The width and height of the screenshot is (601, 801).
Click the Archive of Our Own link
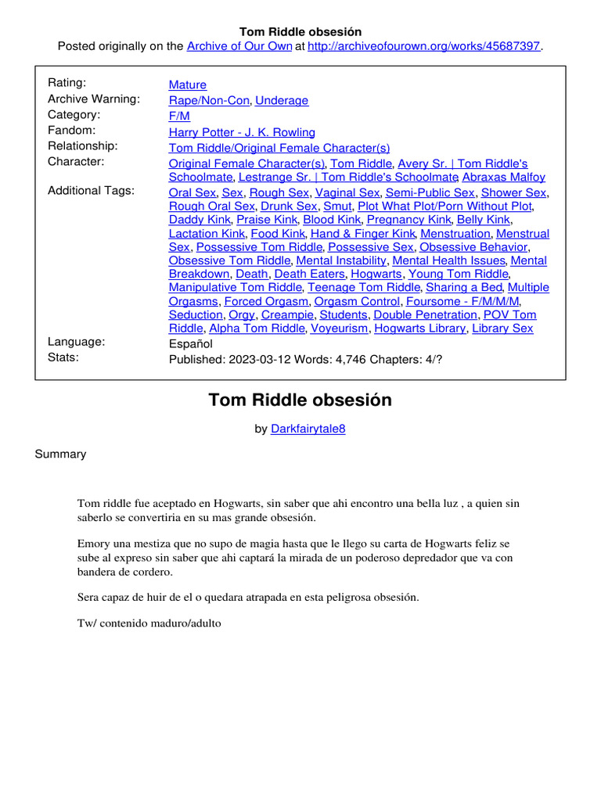tap(239, 46)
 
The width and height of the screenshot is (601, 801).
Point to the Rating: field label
tap(67, 83)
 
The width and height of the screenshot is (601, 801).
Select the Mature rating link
tap(188, 84)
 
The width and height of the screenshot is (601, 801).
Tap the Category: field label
tap(74, 114)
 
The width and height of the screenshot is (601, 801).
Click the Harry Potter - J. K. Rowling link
tap(242, 132)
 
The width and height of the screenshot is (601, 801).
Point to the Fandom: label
tap(71, 130)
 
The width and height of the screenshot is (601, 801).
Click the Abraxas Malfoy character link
tap(504, 178)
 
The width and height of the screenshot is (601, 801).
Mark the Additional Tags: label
tap(91, 190)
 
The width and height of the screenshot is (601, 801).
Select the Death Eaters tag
tap(309, 274)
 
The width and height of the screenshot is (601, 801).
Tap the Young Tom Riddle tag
tap(458, 274)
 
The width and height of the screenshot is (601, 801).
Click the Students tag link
tap(344, 314)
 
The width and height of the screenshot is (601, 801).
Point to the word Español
tap(191, 343)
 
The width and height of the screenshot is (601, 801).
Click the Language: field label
tap(77, 342)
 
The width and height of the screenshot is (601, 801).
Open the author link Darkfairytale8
tap(308, 429)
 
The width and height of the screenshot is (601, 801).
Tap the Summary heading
tap(60, 454)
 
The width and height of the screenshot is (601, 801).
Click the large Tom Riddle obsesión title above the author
tap(300, 400)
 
